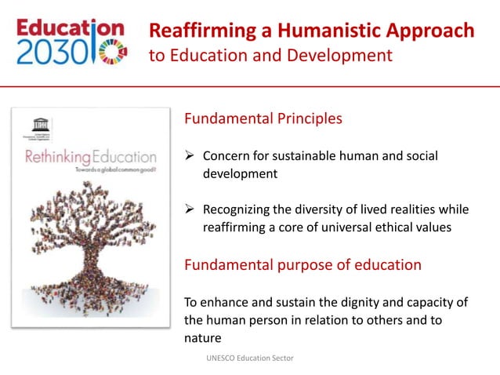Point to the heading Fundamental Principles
[x=263, y=119]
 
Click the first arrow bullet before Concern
[x=190, y=156]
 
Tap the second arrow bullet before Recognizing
[x=190, y=209]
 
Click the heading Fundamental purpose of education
[x=303, y=264]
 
